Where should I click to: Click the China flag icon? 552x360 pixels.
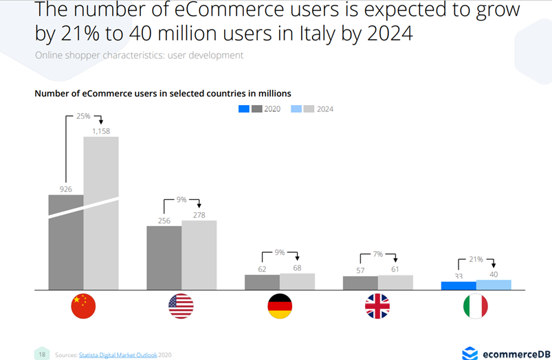pos(83,306)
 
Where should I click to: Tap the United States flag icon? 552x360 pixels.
pos(181,306)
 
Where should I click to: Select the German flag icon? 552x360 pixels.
pos(280,306)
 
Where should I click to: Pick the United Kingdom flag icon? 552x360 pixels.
pos(377,306)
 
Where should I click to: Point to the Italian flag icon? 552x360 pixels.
pos(475,306)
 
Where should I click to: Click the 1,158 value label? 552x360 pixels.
pos(101,130)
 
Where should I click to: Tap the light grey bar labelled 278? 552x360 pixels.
pos(199,255)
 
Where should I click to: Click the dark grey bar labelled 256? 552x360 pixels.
pos(164,258)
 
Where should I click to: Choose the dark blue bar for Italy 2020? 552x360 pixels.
pos(459,286)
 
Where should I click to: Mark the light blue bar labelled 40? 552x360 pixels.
pos(494,284)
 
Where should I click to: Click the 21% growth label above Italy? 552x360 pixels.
pos(476,260)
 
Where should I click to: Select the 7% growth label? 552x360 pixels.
pos(378,254)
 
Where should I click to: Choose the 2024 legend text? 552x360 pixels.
pos(325,109)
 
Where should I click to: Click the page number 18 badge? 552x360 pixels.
pos(42,355)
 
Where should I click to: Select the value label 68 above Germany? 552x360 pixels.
pos(297,267)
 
